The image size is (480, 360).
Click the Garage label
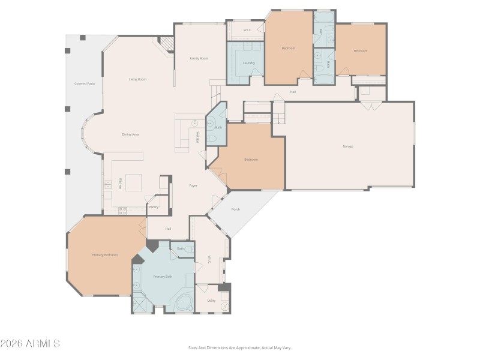click(347, 146)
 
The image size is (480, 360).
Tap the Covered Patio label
click(85, 83)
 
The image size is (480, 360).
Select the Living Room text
click(137, 79)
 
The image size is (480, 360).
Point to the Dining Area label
click(131, 134)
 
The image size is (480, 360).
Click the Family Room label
click(199, 58)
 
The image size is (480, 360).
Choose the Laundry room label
click(249, 63)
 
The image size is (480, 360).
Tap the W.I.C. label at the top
click(247, 30)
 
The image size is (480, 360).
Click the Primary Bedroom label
click(104, 255)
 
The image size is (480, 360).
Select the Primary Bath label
click(163, 277)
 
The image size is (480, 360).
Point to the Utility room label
click(211, 301)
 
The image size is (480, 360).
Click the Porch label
click(236, 209)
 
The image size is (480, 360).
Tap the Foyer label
click(193, 186)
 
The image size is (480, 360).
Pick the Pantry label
click(154, 207)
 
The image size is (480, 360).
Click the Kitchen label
click(120, 184)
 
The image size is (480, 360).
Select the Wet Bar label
click(197, 137)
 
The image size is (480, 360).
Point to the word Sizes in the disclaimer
click(194, 347)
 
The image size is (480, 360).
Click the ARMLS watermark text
click(30, 344)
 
